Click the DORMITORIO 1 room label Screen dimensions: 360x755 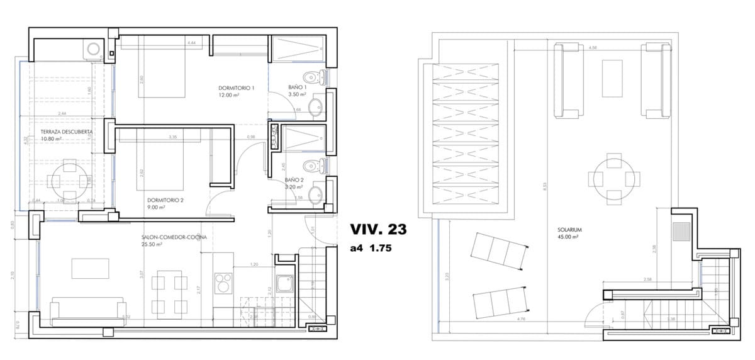[237, 87]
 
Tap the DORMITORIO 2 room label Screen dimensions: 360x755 [152, 200]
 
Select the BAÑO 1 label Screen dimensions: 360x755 [297, 87]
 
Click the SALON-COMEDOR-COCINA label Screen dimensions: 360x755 [174, 237]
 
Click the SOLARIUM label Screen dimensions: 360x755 [569, 230]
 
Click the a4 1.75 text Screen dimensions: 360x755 [371, 249]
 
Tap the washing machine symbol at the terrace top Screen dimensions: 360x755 [93, 48]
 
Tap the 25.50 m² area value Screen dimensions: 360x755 [152, 245]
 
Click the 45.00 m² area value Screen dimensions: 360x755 [568, 238]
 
